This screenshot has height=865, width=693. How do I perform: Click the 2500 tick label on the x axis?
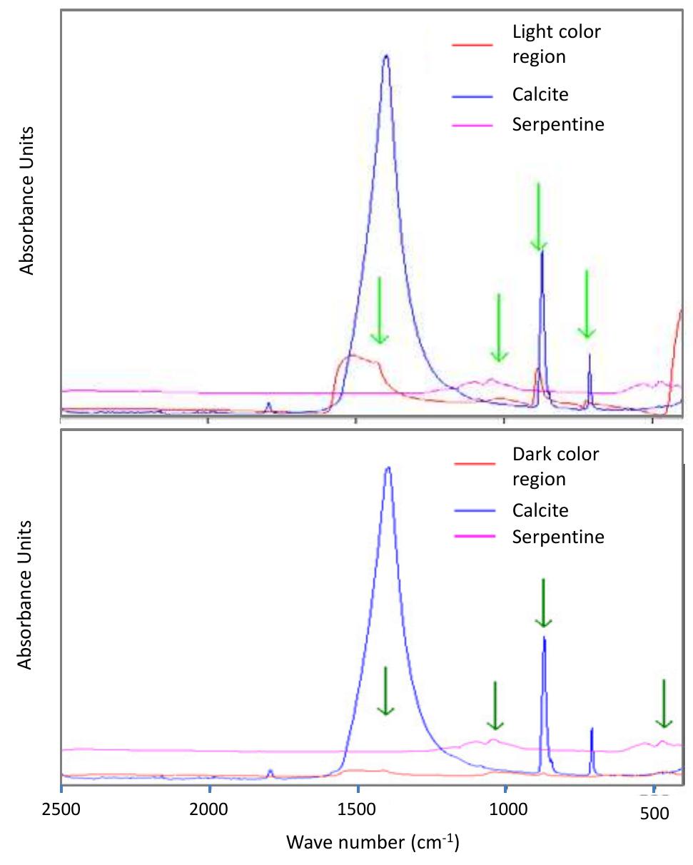tap(61, 811)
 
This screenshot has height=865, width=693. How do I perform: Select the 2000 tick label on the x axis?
tap(209, 811)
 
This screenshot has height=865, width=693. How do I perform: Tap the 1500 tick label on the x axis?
tap(357, 811)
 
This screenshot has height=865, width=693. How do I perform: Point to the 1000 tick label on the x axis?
tap(505, 811)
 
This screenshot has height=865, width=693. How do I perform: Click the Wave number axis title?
tap(373, 842)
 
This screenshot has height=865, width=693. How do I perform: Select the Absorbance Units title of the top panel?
tap(26, 201)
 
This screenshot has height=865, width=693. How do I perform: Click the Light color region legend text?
tap(556, 44)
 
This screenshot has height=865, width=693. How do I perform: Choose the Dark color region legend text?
tap(555, 466)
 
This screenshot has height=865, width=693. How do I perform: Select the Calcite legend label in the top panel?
tap(540, 94)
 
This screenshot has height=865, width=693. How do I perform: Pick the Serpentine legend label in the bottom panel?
tap(557, 536)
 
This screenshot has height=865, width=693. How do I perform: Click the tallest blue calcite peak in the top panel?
tap(386, 57)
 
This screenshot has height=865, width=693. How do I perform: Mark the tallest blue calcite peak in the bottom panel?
tap(388, 469)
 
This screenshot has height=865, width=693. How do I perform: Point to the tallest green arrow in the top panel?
tap(538, 217)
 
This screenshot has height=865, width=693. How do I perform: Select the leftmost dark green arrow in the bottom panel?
tap(385, 690)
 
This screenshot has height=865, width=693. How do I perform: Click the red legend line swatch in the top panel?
tap(472, 45)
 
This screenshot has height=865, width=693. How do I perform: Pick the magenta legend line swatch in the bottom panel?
tap(475, 537)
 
